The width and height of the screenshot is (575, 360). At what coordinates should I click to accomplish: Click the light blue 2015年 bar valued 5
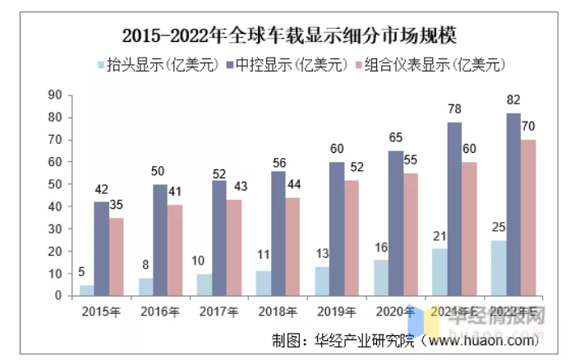coord(86,290)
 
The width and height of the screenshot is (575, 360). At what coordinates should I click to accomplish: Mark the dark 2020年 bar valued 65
coord(396,223)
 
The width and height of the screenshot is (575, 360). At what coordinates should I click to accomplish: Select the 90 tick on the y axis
coord(56,95)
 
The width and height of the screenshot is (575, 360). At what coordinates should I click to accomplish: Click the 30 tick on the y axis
coord(56,228)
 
